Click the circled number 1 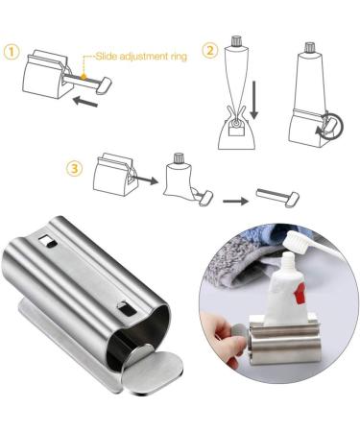pos(12,52)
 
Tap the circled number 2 pos(210,51)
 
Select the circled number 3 pos(74,168)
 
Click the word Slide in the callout pos(106,57)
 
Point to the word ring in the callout pos(178,58)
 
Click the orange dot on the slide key pos(84,77)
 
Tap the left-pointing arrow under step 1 pos(85,102)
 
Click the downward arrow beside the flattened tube pos(254,100)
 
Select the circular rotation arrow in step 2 pos(331,127)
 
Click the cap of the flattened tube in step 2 pos(235,41)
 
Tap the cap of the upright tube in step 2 pos(309,47)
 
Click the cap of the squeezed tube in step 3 pos(178,158)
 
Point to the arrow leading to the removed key pos(235,201)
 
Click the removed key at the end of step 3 pos(277,198)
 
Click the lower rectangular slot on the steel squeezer pos(127,308)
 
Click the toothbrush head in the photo pos(299,240)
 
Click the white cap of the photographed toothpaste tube pos(288,261)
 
